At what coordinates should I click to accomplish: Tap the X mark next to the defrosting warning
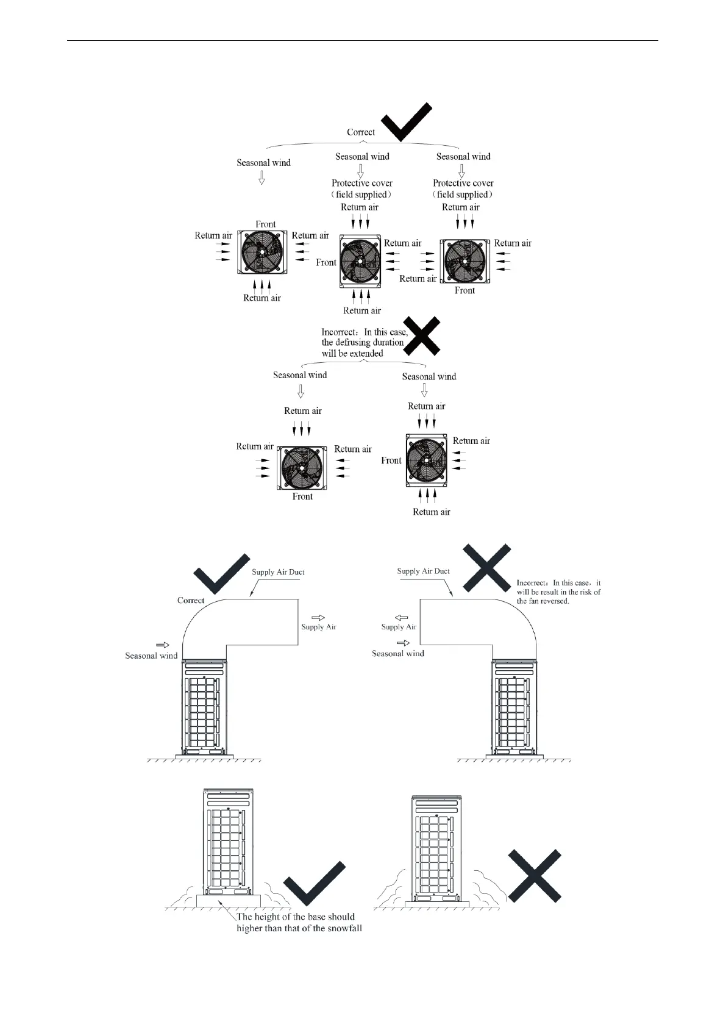(x=424, y=335)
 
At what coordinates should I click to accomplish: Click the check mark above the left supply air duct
(x=221, y=573)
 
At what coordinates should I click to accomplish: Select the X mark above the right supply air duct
(x=486, y=568)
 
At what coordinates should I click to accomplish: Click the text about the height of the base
(x=299, y=923)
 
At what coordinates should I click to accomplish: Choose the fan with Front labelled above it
(x=263, y=251)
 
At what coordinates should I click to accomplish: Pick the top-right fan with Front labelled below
(x=464, y=261)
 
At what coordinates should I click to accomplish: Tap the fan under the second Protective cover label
(x=360, y=261)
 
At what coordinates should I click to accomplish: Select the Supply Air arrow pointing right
(x=318, y=618)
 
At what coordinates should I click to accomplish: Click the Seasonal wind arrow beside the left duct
(x=163, y=645)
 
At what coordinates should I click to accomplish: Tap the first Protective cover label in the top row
(x=362, y=188)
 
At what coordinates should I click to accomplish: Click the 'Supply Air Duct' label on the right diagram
(x=423, y=571)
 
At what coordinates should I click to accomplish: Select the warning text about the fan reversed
(x=558, y=592)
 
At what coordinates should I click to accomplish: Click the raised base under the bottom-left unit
(x=229, y=900)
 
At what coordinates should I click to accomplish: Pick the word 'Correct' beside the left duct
(x=191, y=601)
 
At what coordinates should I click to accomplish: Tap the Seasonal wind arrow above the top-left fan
(x=262, y=177)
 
